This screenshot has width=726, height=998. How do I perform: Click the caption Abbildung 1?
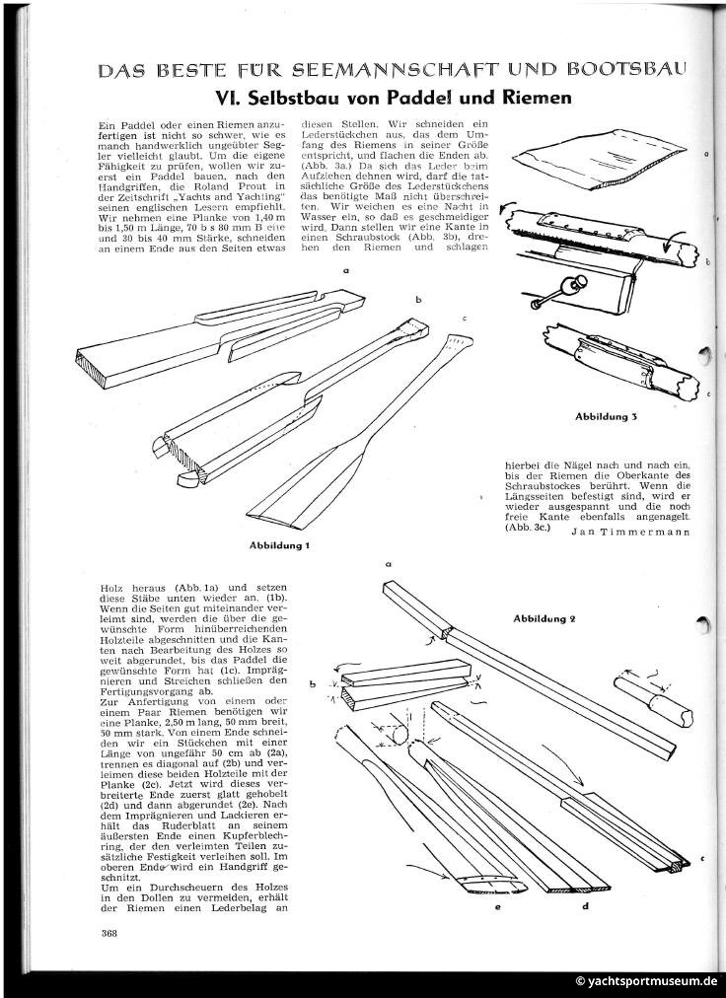[281, 543]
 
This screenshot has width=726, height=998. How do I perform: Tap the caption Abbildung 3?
[607, 416]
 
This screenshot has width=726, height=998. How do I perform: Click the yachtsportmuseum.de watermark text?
[647, 981]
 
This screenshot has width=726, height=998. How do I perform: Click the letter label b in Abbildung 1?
[418, 297]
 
